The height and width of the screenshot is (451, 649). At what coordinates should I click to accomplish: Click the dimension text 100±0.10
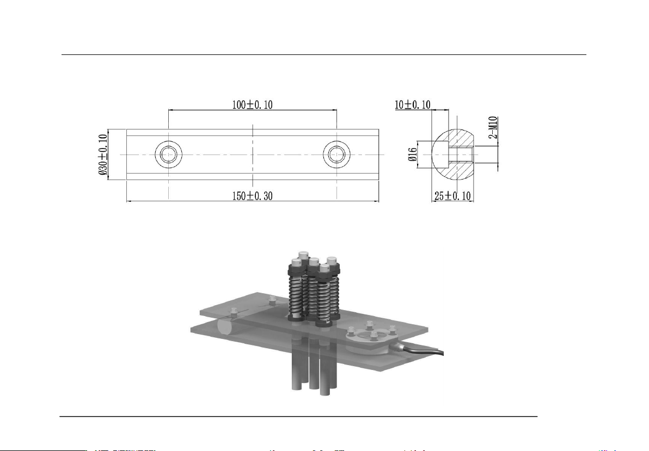252,104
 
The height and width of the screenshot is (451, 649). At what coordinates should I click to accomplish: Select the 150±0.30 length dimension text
252,196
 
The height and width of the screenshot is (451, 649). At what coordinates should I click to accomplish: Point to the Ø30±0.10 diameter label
103,155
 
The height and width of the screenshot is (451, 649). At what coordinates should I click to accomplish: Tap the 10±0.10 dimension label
412,104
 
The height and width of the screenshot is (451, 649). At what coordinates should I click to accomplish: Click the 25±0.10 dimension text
452,196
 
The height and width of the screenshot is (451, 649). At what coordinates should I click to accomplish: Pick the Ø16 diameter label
412,155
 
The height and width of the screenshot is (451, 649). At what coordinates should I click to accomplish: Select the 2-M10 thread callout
493,127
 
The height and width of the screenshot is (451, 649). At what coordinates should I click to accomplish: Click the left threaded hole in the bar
168,155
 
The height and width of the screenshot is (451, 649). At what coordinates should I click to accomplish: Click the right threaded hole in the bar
337,155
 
